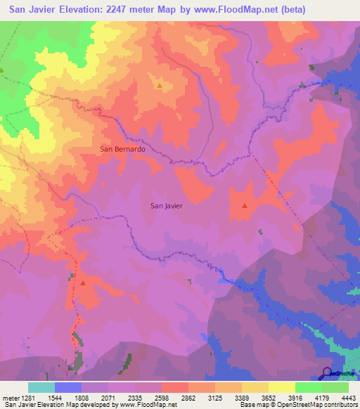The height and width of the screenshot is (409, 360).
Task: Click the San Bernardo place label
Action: (x=122, y=149)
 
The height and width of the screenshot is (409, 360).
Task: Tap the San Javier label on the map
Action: (x=167, y=206)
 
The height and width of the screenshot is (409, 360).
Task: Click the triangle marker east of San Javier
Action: (x=244, y=206)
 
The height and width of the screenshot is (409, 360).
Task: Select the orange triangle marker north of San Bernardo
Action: (x=159, y=86)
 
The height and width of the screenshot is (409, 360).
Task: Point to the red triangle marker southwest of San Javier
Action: (x=83, y=283)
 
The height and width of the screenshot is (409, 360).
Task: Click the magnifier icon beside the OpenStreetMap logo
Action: (x=327, y=372)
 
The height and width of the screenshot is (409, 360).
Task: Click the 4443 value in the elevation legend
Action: (x=349, y=397)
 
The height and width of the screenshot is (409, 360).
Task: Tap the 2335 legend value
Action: (x=134, y=397)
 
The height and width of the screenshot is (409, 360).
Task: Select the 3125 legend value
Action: (x=215, y=397)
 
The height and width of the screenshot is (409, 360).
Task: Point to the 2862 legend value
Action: (x=188, y=397)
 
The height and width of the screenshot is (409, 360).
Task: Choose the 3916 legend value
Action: (x=295, y=397)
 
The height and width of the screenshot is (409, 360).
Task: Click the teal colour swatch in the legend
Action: (x=41, y=387)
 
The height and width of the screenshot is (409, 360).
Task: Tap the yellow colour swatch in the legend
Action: (x=255, y=387)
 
